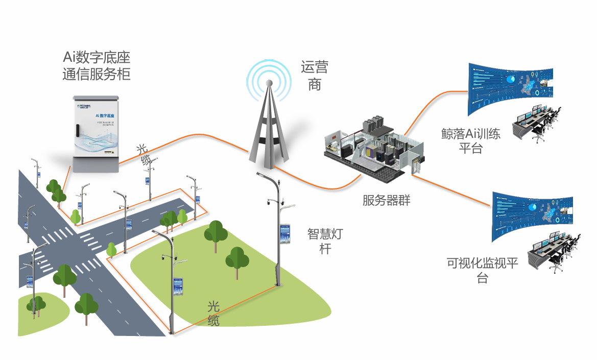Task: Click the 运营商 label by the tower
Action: click(x=314, y=76)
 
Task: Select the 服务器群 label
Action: click(x=386, y=200)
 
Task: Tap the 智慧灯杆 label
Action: click(x=325, y=241)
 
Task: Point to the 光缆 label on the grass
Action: click(x=213, y=314)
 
